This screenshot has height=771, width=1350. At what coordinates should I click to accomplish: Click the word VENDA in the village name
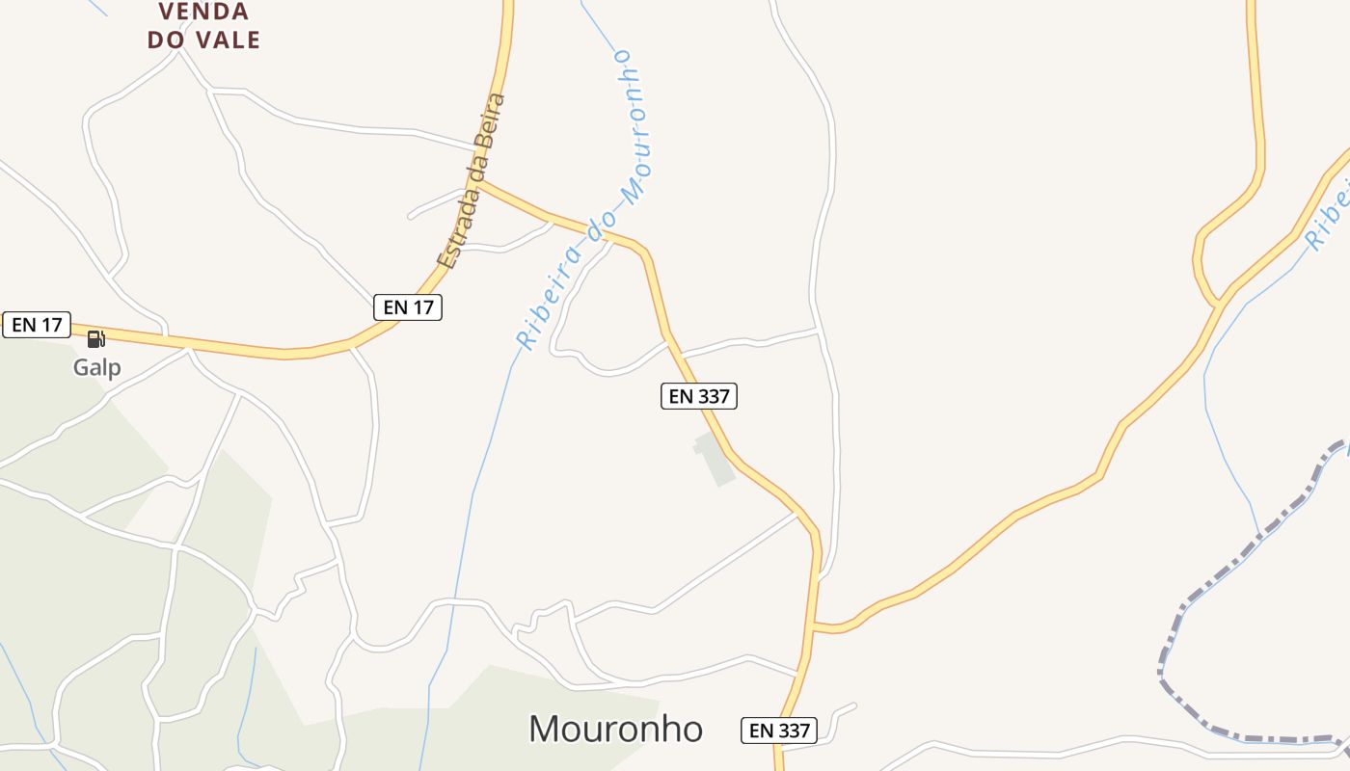tap(204, 12)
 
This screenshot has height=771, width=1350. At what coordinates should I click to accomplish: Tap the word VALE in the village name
tap(228, 40)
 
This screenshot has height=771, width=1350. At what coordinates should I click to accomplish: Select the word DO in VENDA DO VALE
tap(168, 40)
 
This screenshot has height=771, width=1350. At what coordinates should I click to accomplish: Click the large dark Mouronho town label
tap(615, 729)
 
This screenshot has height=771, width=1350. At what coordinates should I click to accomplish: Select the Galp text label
tap(97, 367)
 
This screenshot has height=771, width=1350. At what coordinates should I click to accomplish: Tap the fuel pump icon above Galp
tap(95, 338)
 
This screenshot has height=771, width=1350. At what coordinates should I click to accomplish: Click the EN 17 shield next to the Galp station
tap(37, 325)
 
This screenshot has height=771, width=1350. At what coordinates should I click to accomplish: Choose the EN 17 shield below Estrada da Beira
tap(408, 307)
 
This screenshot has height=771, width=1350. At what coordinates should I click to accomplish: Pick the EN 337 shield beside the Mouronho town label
tap(779, 731)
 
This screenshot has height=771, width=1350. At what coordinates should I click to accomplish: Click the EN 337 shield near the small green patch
tap(699, 395)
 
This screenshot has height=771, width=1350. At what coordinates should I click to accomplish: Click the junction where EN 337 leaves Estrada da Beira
tap(479, 181)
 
